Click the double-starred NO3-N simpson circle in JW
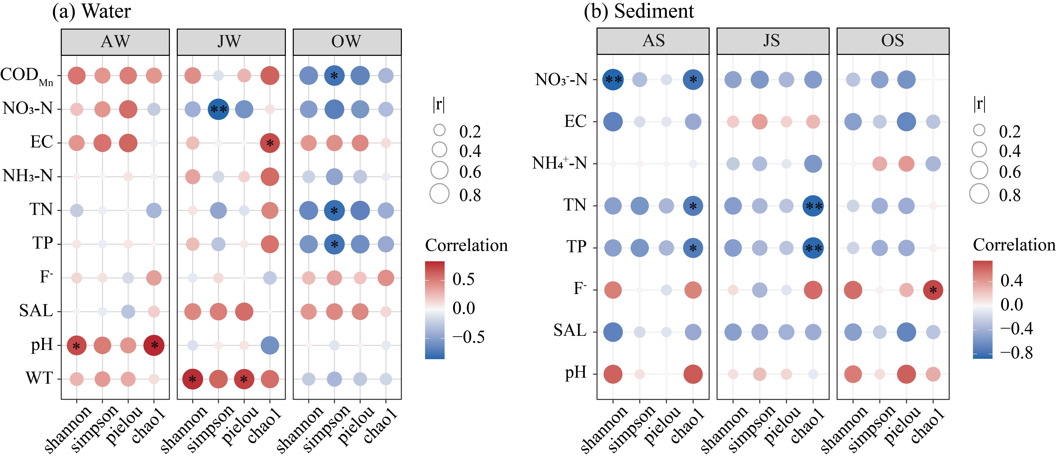218,109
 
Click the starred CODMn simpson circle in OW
334,75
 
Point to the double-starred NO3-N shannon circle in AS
613,80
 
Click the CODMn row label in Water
27,76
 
